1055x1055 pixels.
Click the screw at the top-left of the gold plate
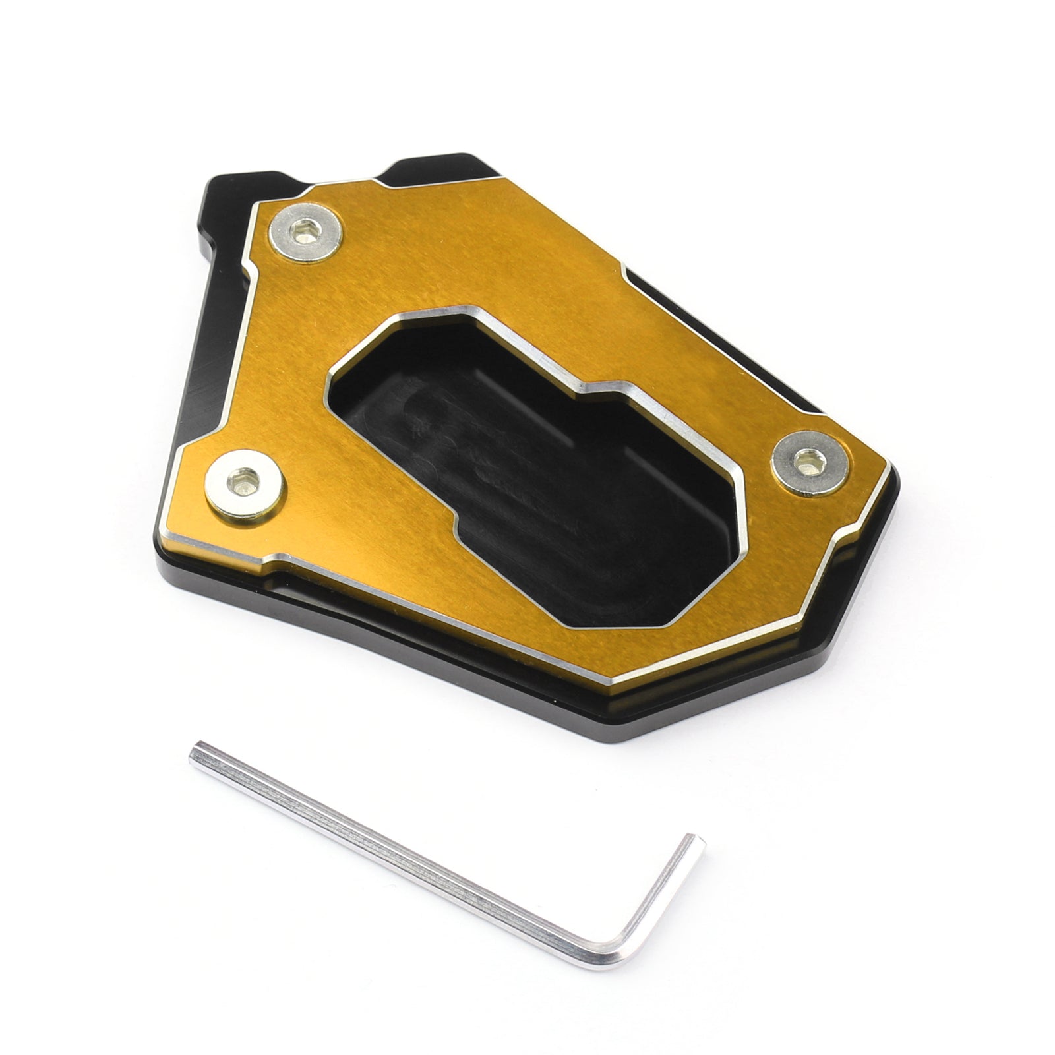pyautogui.click(x=307, y=236)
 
